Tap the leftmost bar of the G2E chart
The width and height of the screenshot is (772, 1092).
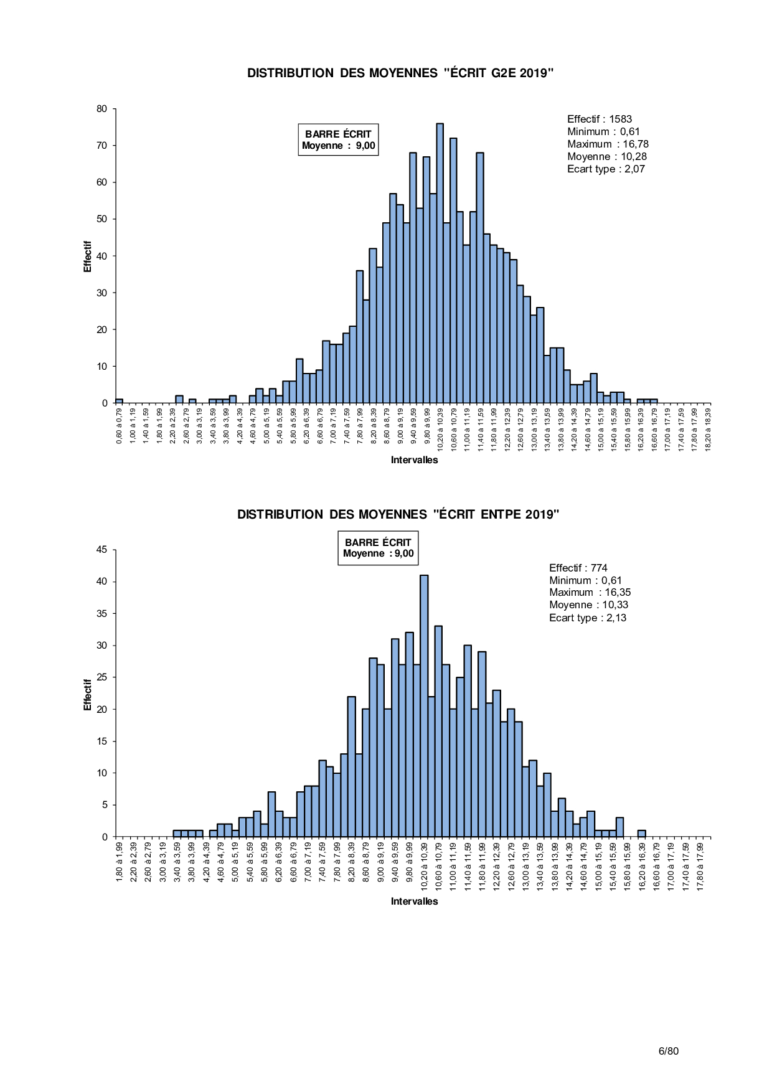tap(119, 401)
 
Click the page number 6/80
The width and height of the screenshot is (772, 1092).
tap(669, 1051)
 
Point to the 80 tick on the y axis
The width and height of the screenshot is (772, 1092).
tap(101, 109)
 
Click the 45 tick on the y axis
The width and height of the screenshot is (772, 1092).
tap(101, 550)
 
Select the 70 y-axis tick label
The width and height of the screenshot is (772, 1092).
tap(101, 146)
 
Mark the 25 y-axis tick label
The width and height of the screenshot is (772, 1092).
tap(101, 677)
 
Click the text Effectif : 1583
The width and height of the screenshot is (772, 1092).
tap(599, 119)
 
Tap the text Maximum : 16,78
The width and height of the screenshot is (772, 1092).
tap(608, 144)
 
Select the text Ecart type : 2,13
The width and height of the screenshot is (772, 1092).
tap(588, 618)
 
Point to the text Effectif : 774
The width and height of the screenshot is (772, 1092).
tap(578, 568)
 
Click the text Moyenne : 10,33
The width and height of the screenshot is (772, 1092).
tap(588, 605)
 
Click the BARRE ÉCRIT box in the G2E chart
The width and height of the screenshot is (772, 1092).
tap(338, 139)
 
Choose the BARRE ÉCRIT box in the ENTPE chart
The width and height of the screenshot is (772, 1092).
tap(378, 548)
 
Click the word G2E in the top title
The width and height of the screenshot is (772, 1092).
tap(504, 73)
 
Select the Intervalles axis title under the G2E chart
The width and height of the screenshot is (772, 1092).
tap(414, 460)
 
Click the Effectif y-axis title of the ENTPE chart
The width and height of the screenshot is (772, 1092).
tap(88, 695)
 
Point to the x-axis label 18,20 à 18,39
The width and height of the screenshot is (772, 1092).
tap(708, 430)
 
